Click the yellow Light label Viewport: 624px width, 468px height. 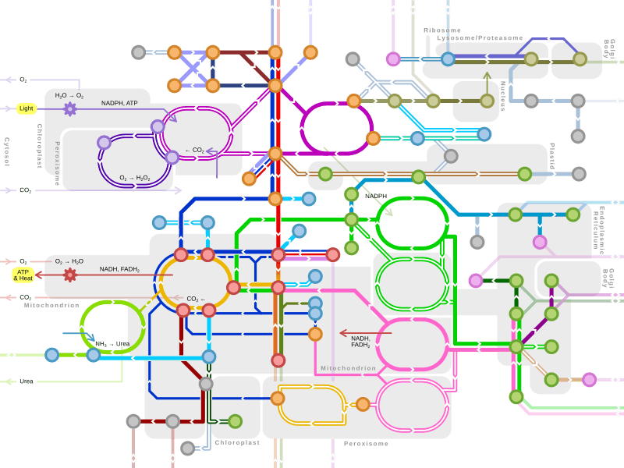(27, 108)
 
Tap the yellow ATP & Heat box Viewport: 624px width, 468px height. (23, 275)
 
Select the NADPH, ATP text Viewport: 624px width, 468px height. (119, 103)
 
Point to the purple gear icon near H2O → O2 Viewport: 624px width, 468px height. (69, 108)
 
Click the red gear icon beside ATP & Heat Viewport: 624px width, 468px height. (70, 275)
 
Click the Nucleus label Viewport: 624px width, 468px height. (503, 95)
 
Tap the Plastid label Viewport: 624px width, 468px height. (552, 156)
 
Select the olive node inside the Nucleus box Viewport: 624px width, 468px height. (487, 101)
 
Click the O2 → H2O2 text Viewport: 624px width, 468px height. (135, 178)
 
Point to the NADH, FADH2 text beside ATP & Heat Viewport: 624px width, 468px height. (119, 269)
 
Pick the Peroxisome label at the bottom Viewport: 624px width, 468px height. (366, 444)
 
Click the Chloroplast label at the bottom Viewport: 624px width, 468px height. (237, 442)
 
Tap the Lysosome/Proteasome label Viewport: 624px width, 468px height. (480, 38)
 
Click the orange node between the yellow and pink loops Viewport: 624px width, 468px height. (363, 404)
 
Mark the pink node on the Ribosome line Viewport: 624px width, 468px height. (393, 59)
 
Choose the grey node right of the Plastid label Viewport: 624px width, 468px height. (578, 174)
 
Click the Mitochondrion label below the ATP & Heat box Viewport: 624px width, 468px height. (51, 306)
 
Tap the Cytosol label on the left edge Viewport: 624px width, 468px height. (7, 152)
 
